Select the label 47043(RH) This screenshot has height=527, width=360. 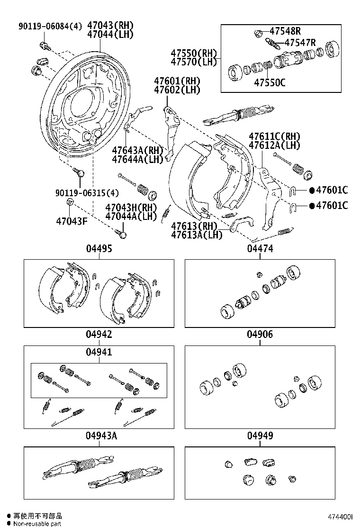(110, 26)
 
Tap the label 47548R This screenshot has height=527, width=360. (285, 32)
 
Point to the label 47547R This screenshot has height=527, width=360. (299, 43)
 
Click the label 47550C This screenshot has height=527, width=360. (270, 82)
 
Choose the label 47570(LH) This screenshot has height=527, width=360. (194, 62)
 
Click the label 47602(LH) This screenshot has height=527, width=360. (177, 89)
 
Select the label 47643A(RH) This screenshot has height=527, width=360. (137, 151)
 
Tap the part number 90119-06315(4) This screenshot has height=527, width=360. (87, 193)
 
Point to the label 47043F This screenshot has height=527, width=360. (72, 221)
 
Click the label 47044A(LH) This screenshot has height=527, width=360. (131, 217)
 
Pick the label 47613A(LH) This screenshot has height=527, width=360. (197, 235)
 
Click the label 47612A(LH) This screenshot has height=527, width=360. (275, 145)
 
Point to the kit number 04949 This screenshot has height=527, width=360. (260, 436)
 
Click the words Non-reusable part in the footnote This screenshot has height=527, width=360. (37, 523)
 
